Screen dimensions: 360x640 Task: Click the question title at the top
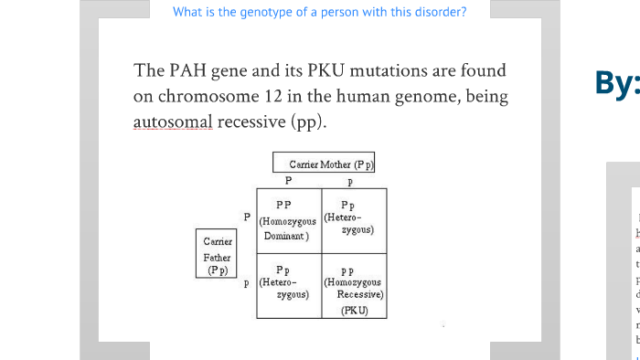point(319,12)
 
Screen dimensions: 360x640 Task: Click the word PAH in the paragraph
point(189,70)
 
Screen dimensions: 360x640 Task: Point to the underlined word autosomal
point(173,121)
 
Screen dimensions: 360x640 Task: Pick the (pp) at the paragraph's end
point(310,121)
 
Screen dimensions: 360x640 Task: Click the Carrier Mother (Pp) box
point(325,164)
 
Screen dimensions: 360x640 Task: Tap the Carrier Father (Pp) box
point(218,255)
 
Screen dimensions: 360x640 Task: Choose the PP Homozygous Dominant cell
point(288,220)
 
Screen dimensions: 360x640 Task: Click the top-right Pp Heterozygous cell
point(353,220)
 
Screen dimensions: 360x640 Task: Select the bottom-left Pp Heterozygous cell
point(288,283)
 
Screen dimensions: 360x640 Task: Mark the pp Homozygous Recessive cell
point(353,283)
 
